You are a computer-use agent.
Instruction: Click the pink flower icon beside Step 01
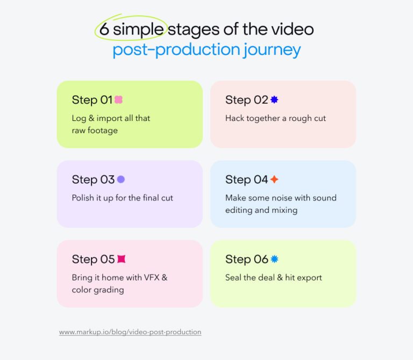point(119,100)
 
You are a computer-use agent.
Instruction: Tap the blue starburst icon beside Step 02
point(274,100)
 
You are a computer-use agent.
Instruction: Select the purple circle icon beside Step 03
point(121,179)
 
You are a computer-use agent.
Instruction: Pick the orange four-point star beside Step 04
point(274,179)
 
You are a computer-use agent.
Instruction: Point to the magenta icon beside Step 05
point(122,259)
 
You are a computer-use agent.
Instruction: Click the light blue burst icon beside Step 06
point(274,259)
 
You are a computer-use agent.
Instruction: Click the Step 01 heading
point(92,100)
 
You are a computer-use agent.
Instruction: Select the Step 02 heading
point(246,100)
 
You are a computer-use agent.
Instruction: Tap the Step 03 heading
point(93,179)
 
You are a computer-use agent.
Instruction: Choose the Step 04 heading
point(246,179)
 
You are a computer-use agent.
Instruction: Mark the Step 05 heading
point(93,259)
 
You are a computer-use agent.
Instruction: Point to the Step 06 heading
point(246,259)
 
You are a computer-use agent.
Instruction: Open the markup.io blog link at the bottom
point(130,332)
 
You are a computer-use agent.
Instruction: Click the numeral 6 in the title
point(104,29)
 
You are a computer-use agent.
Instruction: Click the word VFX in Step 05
point(150,278)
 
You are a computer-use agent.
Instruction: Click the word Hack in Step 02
point(234,118)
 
